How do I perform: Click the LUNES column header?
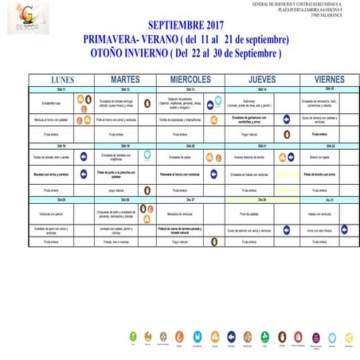pyautogui.click(x=62, y=80)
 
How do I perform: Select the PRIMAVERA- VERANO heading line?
pyautogui.click(x=186, y=40)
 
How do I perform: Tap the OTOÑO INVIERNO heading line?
pyautogui.click(x=186, y=53)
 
